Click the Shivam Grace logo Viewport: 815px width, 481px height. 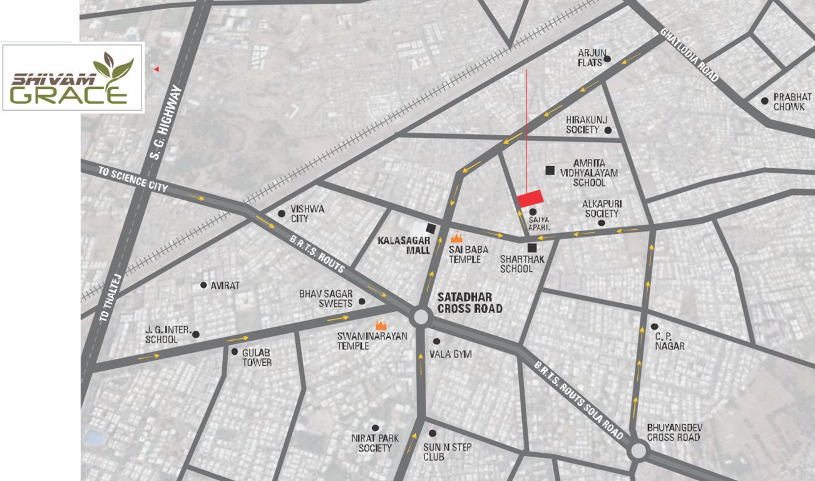tap(73, 77)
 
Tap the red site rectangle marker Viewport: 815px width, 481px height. tap(530, 197)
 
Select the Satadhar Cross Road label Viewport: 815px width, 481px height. tap(469, 303)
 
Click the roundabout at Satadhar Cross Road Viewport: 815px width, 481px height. tap(420, 318)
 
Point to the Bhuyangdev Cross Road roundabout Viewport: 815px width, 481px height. tap(638, 450)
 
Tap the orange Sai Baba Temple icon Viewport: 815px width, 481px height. tap(457, 238)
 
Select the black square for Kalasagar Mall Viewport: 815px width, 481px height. tap(431, 228)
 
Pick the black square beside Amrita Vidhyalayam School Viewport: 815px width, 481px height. tap(550, 170)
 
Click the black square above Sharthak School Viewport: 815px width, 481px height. tap(531, 247)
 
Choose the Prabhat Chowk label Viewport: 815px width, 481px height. tap(792, 102)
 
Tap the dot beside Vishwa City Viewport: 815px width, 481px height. tap(282, 213)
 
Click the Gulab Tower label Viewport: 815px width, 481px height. tap(257, 357)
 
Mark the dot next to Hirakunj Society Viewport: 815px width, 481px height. tap(607, 130)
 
